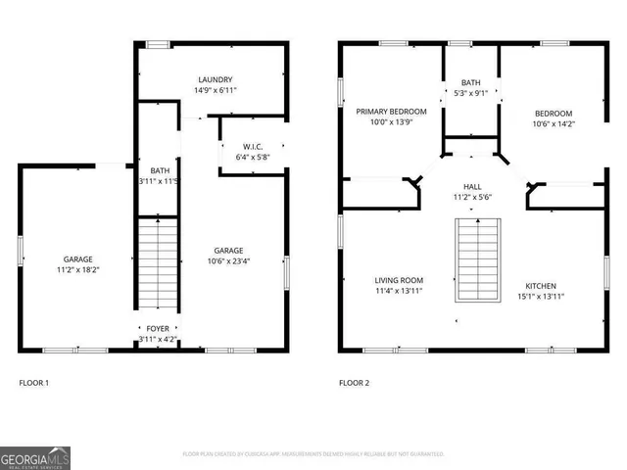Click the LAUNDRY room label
coord(215,79)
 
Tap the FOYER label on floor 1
coord(157,329)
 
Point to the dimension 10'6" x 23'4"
coord(229,260)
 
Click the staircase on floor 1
coord(157,265)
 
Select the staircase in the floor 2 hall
coord(477,260)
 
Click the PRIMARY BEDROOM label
coord(390,112)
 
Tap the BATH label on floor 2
coord(471,82)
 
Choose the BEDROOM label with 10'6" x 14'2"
coord(553,114)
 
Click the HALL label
coord(472,186)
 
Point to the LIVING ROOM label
coord(398,279)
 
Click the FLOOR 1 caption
coord(33,383)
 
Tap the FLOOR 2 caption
coord(354,383)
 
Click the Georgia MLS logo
coord(35,457)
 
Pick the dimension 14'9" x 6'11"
coord(215,90)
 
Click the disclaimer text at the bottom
coord(313,454)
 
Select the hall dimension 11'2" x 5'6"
coord(472,197)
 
